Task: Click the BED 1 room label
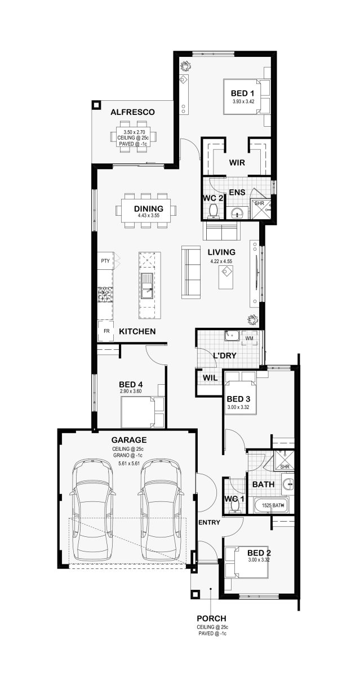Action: [x=242, y=94]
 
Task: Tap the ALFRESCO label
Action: [x=132, y=112]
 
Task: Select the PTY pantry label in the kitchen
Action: [x=105, y=261]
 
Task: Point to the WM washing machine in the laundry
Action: [x=249, y=339]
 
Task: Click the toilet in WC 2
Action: [x=214, y=210]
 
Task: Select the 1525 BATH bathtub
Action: [x=270, y=505]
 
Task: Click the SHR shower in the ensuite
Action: [x=260, y=209]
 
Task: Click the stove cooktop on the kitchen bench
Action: [x=105, y=295]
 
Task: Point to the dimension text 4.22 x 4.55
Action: [x=221, y=261]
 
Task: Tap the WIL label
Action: [x=210, y=378]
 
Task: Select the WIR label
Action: [x=237, y=163]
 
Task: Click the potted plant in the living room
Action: [x=252, y=319]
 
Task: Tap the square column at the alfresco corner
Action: [x=96, y=105]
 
